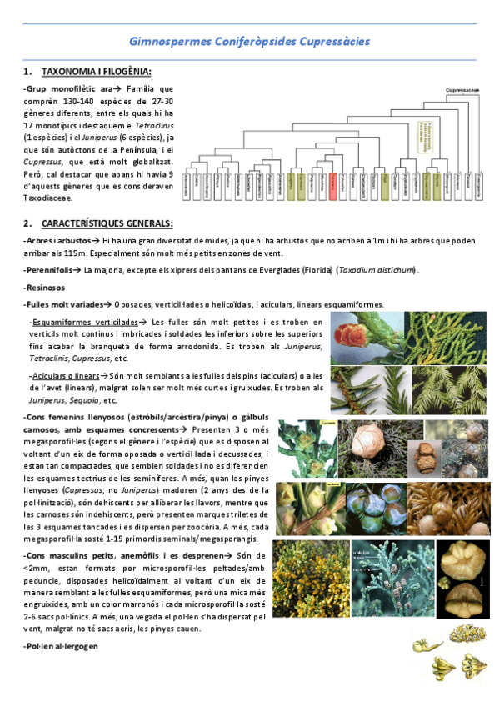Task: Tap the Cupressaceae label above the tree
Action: (x=462, y=91)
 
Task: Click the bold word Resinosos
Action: (x=44, y=288)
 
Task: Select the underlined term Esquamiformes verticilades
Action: (x=84, y=322)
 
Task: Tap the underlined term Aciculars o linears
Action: (x=70, y=376)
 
